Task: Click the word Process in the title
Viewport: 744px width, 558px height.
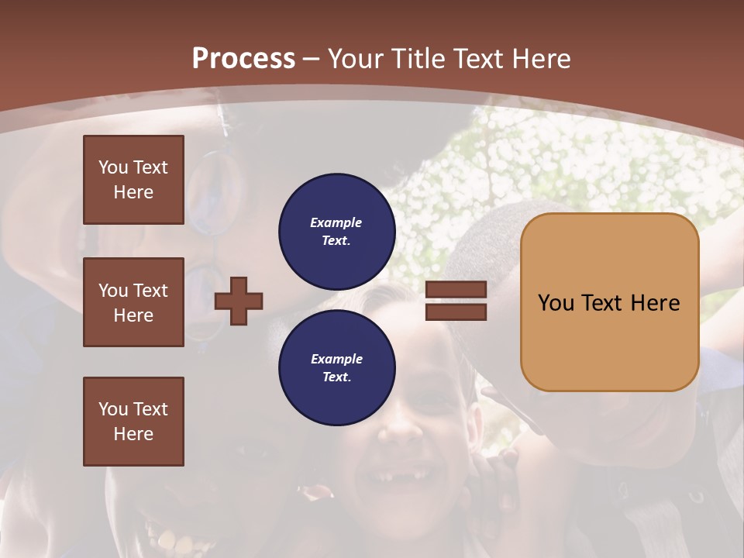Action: pos(243,59)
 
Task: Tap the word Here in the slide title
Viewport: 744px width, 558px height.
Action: pos(541,59)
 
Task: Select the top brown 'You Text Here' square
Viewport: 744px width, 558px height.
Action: pos(133,180)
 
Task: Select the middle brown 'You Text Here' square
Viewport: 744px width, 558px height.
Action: pos(133,302)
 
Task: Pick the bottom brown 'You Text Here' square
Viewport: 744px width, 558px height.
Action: pos(133,422)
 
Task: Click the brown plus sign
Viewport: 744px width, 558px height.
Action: pos(239,300)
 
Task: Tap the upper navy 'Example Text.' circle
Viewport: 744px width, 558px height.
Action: pos(336,232)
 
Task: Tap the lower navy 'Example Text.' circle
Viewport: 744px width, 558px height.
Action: pos(336,368)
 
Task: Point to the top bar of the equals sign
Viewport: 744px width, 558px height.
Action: pos(456,290)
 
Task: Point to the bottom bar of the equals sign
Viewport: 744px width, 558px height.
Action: pos(456,312)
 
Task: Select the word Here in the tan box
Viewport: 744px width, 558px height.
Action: pos(656,303)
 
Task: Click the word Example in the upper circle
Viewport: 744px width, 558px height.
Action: pos(336,223)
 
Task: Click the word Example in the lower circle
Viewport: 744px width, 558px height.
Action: pos(336,360)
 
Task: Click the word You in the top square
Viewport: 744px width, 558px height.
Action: pos(113,167)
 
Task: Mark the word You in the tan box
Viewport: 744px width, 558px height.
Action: pos(556,303)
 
